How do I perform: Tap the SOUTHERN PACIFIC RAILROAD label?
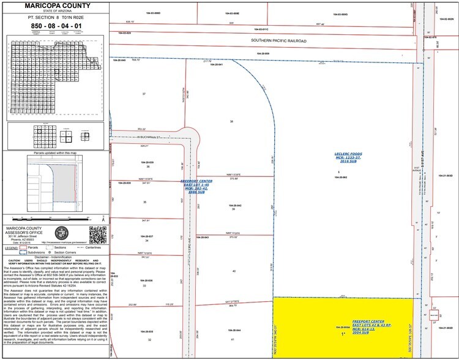pyautogui.click(x=278, y=41)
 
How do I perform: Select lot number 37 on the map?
pyautogui.click(x=144, y=94)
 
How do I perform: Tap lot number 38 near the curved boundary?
pyautogui.click(x=231, y=122)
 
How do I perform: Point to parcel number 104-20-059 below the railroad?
pyautogui.click(x=263, y=54)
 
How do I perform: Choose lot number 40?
pyautogui.click(x=233, y=271)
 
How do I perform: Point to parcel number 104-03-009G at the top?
pyautogui.click(x=340, y=13)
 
